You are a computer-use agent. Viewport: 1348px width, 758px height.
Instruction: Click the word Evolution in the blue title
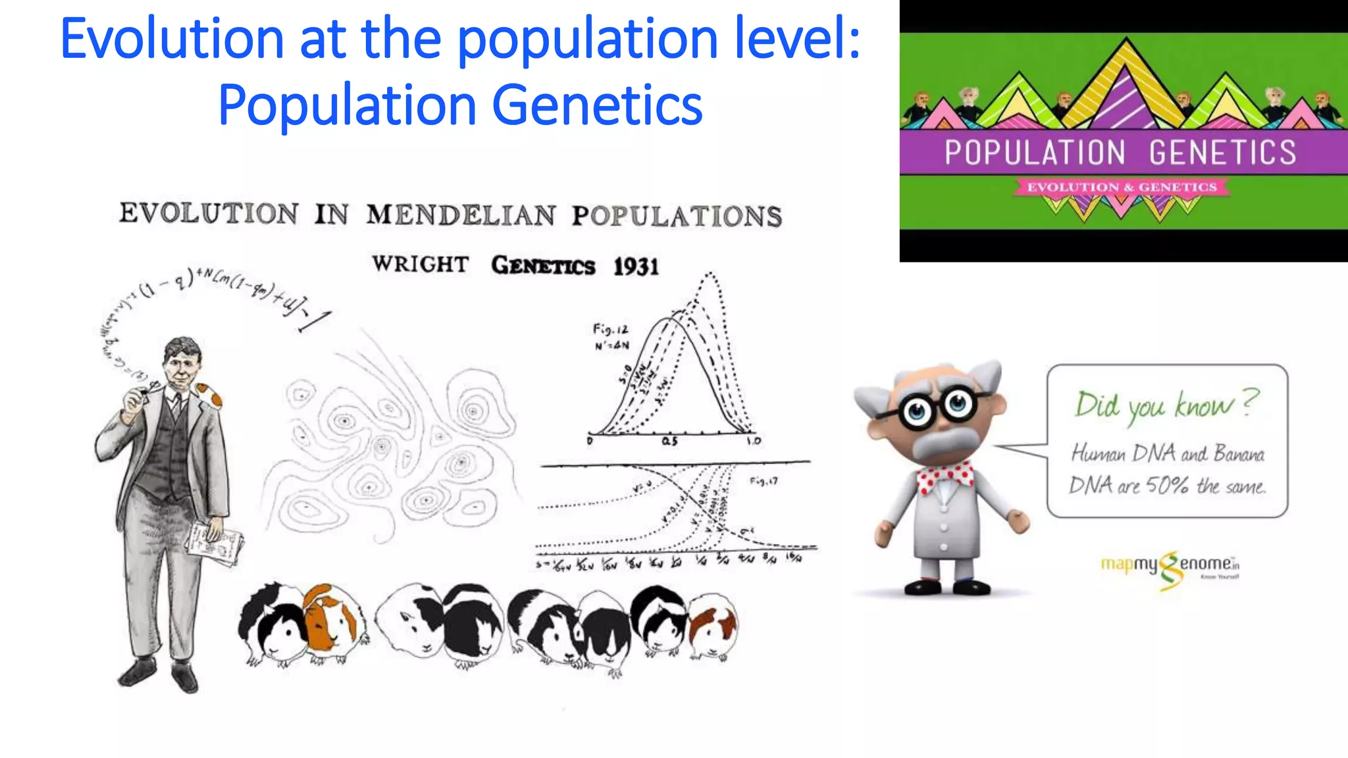point(172,39)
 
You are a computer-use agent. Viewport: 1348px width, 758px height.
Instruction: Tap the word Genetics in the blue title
point(597,105)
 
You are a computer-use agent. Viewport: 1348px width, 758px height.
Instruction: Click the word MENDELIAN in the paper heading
point(461,215)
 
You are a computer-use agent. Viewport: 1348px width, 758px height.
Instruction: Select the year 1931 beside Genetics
point(636,266)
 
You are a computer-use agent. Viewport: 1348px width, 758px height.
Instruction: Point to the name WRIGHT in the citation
point(420,264)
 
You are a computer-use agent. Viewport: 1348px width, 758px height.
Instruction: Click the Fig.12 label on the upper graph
point(610,328)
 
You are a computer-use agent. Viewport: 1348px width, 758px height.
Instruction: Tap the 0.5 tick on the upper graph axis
point(669,442)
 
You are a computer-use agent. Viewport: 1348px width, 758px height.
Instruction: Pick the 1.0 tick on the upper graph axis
point(753,441)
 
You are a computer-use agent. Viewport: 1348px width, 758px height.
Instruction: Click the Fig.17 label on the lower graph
point(764,481)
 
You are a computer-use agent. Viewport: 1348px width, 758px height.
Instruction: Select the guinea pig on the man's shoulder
point(209,394)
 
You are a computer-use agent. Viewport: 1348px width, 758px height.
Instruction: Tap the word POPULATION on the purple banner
point(1035,153)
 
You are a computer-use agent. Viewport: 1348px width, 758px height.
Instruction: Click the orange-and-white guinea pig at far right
point(713,627)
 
